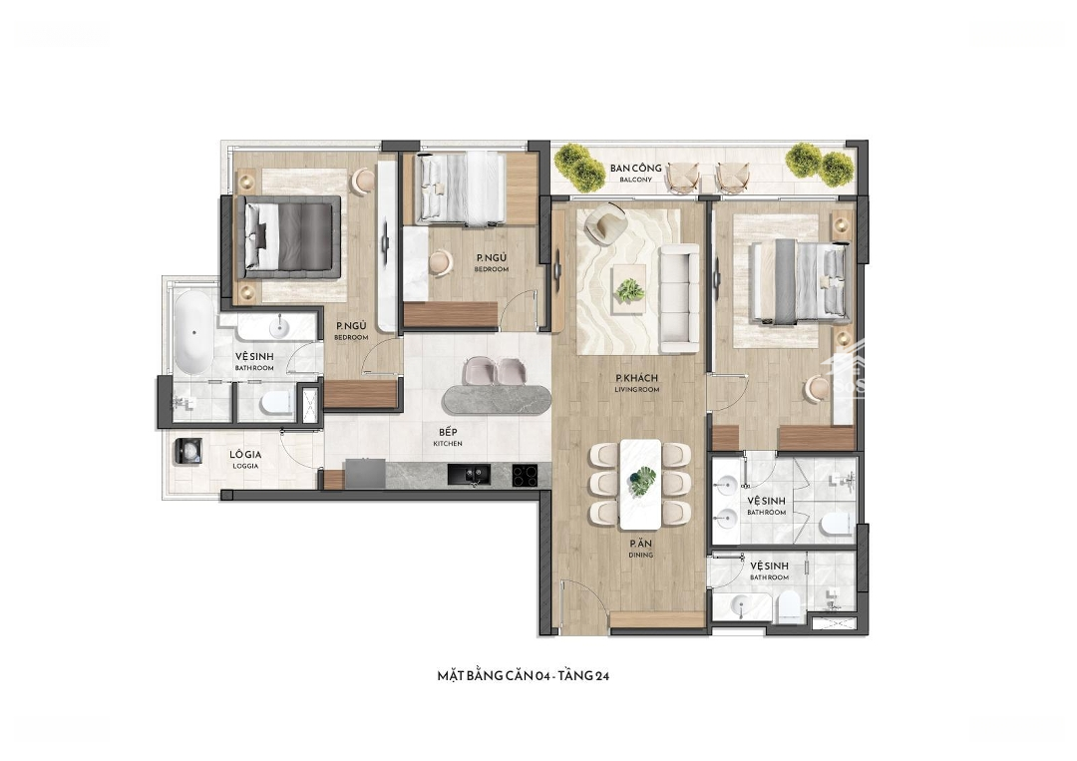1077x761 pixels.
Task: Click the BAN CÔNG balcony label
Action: tap(635, 173)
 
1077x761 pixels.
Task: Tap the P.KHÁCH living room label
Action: tap(636, 383)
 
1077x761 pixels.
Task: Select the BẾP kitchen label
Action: tap(448, 438)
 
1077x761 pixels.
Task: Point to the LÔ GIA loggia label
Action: tap(245, 460)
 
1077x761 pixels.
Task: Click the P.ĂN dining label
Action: tap(640, 549)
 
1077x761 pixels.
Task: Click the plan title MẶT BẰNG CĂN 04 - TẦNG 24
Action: tap(524, 676)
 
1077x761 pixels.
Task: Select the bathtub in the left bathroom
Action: tap(193, 332)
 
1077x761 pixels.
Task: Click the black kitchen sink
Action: tap(469, 474)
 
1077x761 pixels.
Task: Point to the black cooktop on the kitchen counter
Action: tap(528, 475)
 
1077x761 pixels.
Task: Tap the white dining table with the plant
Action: tap(641, 484)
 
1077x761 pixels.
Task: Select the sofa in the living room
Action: tap(679, 297)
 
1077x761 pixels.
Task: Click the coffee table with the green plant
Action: tap(629, 289)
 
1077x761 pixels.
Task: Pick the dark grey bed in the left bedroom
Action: tap(291, 237)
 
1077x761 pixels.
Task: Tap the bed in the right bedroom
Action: tap(800, 281)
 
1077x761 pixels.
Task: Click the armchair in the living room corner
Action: tap(603, 223)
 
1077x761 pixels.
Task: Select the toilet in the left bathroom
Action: tap(277, 404)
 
